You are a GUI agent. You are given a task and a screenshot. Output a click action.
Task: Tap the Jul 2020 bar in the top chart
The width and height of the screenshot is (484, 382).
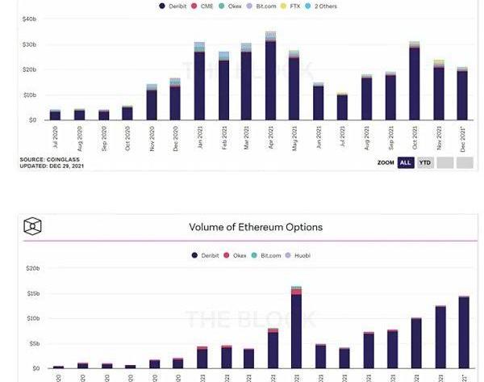pyautogui.click(x=55, y=115)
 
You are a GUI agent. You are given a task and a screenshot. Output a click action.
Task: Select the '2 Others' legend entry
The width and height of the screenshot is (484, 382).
pyautogui.click(x=324, y=6)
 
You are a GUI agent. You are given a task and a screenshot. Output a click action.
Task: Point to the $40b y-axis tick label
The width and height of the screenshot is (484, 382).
pyautogui.click(x=29, y=18)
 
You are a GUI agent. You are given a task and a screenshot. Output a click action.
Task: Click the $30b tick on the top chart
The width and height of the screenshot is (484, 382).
pyautogui.click(x=29, y=44)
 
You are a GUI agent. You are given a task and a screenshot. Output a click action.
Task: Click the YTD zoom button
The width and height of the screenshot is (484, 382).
pyautogui.click(x=425, y=162)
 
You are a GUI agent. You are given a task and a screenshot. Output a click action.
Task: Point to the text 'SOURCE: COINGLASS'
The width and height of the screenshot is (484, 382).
pyautogui.click(x=44, y=159)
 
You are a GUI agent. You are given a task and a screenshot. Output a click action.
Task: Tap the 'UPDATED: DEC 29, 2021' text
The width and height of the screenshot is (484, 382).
pyautogui.click(x=50, y=165)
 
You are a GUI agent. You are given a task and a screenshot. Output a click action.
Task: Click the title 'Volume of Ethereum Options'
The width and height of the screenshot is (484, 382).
pyautogui.click(x=255, y=227)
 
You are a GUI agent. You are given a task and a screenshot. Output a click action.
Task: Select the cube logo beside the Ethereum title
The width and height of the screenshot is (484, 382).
pyautogui.click(x=33, y=227)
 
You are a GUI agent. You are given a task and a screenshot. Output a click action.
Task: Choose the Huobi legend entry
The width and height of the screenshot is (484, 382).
pyautogui.click(x=299, y=255)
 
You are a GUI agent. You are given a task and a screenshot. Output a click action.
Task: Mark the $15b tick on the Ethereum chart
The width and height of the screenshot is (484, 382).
pyautogui.click(x=32, y=293)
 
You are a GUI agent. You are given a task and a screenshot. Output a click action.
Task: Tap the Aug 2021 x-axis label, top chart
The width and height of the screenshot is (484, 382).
pyautogui.click(x=367, y=141)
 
